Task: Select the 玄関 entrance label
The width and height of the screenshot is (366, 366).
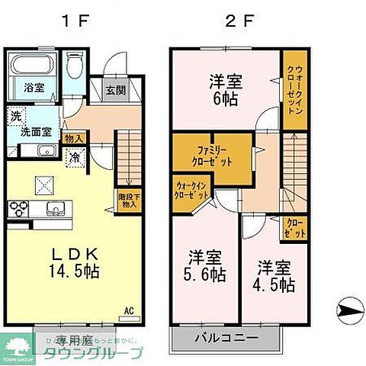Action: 115,90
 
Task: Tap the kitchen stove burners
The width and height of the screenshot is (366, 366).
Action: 18,207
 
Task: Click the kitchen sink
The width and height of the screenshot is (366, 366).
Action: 54,208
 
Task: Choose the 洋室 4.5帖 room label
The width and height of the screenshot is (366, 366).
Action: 274,275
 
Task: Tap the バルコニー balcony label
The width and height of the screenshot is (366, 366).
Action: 225,336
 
